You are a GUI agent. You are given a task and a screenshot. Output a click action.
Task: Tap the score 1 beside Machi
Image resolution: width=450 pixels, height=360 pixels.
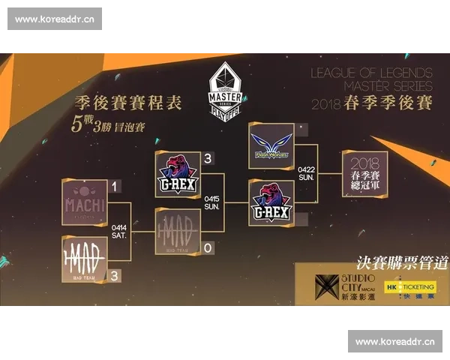click(114, 185)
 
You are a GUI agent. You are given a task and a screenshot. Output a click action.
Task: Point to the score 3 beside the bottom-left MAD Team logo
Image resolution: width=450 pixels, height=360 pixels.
click(114, 275)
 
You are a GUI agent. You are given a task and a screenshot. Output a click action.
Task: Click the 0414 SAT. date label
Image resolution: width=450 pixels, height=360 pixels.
click(119, 230)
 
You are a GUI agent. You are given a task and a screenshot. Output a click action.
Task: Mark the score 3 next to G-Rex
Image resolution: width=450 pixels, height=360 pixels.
click(208, 157)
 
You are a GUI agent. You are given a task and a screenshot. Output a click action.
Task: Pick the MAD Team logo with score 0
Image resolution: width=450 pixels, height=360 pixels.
click(178, 230)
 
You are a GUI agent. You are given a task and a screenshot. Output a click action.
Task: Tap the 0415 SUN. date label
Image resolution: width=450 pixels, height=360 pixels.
click(212, 202)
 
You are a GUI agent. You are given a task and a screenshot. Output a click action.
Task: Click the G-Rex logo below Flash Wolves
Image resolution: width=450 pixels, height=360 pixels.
click(271, 202)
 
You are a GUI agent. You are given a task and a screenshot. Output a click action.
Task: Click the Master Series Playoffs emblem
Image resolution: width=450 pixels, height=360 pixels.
click(225, 89)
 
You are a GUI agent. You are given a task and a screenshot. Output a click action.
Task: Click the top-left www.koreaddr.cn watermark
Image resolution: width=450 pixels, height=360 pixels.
click(54, 19)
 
